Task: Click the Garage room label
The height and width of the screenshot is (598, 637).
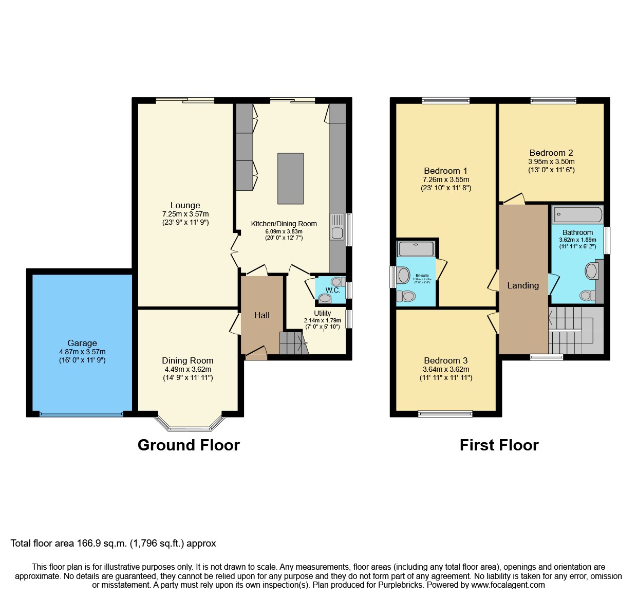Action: (82, 343)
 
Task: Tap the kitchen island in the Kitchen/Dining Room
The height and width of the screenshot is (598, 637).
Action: (290, 178)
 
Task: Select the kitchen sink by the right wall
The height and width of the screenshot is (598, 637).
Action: (337, 227)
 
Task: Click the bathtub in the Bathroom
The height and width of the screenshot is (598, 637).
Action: (577, 214)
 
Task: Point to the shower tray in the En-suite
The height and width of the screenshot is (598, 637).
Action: (416, 249)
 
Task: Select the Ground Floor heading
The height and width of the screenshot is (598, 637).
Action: (189, 445)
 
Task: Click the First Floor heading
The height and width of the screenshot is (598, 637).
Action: (499, 445)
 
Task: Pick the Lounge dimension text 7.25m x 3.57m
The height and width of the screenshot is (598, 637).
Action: (185, 214)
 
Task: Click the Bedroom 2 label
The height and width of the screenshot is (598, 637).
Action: (551, 153)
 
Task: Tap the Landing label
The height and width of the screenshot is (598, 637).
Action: (523, 285)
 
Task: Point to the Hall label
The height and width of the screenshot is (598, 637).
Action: (262, 315)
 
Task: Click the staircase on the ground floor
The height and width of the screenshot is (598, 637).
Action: (293, 343)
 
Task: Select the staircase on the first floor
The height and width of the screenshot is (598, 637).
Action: (575, 330)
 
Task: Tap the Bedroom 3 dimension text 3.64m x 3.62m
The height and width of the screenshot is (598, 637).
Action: (446, 369)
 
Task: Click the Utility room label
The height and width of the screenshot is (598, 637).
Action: (323, 313)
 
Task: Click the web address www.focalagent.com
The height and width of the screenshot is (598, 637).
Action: (508, 585)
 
